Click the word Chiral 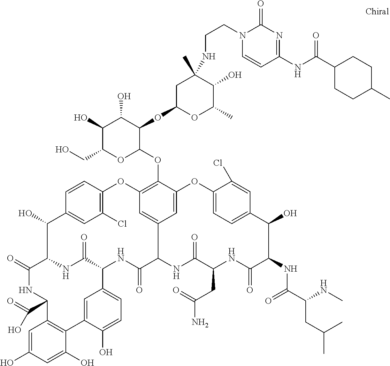(x=377, y=12)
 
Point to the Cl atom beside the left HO (x=122, y=224)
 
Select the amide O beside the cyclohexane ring (x=317, y=35)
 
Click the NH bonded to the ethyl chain (x=209, y=57)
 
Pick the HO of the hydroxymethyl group (x=63, y=149)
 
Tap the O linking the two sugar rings (x=157, y=118)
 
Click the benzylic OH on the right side (x=290, y=213)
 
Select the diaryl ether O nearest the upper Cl (x=194, y=183)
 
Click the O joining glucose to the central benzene (x=157, y=159)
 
